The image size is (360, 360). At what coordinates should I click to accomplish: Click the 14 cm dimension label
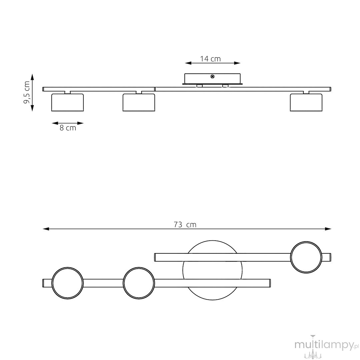pyautogui.click(x=210, y=59)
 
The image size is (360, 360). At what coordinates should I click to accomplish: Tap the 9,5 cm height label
pyautogui.click(x=27, y=92)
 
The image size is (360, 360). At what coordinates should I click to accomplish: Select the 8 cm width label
pyautogui.click(x=68, y=128)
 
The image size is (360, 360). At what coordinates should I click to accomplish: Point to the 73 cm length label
pyautogui.click(x=185, y=224)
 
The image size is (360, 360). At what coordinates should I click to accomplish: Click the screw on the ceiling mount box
pyautogui.click(x=212, y=77)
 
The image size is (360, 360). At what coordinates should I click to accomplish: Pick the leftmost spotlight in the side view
pyautogui.click(x=67, y=102)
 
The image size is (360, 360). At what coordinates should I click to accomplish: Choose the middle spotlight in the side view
pyautogui.click(x=139, y=102)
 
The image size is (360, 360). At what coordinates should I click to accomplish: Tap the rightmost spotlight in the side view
pyautogui.click(x=306, y=102)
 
